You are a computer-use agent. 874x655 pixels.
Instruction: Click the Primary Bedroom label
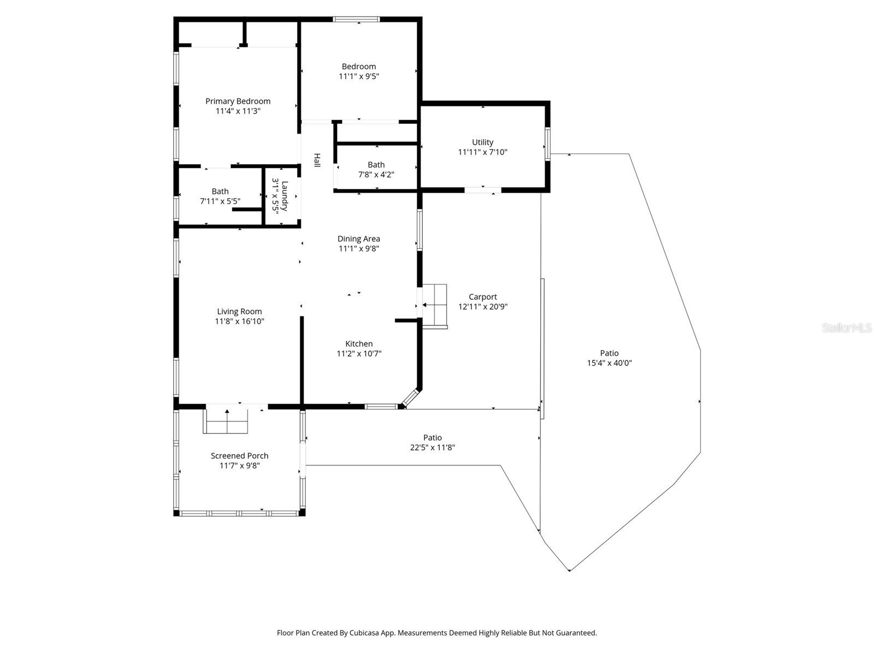click(x=238, y=101)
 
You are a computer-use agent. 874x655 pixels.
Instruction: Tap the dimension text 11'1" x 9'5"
click(x=359, y=76)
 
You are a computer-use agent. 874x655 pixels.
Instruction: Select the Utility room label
click(x=482, y=142)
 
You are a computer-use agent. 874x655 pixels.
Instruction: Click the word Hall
click(x=317, y=160)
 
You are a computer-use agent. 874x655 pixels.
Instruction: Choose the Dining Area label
click(x=358, y=239)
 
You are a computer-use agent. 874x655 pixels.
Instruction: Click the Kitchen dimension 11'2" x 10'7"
click(x=359, y=354)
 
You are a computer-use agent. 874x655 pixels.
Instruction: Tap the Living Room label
click(x=239, y=312)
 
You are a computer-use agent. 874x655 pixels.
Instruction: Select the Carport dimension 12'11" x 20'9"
click(x=483, y=307)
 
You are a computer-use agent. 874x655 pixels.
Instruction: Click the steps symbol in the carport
click(x=435, y=306)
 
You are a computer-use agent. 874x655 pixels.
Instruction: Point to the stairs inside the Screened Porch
click(x=226, y=421)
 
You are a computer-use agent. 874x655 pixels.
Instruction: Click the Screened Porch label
click(x=239, y=456)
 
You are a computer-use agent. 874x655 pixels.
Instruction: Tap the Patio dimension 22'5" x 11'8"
click(x=432, y=448)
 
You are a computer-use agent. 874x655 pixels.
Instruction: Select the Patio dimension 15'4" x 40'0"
click(x=609, y=363)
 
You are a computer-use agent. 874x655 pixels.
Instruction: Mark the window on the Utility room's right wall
click(x=547, y=144)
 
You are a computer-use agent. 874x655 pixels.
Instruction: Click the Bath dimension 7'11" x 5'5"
click(x=220, y=201)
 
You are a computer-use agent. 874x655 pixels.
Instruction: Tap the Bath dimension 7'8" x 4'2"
click(x=376, y=175)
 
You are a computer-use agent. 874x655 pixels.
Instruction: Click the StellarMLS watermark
click(x=846, y=328)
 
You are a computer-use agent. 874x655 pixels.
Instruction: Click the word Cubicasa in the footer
click(x=365, y=633)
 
